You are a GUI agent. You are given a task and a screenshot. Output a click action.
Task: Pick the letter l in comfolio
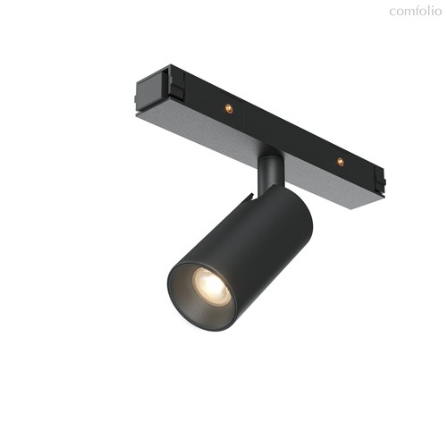431,11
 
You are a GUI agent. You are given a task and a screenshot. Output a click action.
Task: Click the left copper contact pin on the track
228,108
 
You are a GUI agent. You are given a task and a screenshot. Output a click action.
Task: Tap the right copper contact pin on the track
340,162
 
